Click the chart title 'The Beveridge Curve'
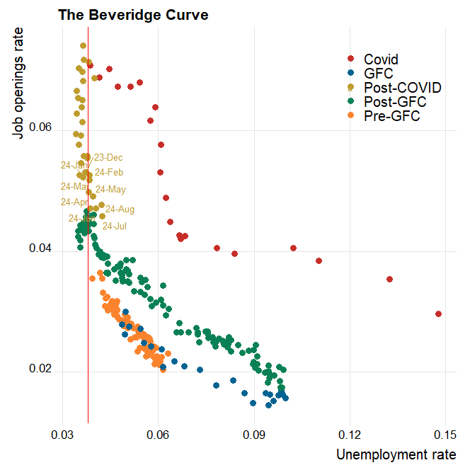(x=133, y=15)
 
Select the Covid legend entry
(x=381, y=59)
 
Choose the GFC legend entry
(x=378, y=73)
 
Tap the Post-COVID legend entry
(x=402, y=88)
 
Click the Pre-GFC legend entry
(x=391, y=116)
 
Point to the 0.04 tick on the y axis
(x=42, y=250)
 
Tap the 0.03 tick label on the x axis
(x=63, y=433)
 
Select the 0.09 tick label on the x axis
(x=254, y=433)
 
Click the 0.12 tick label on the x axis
(x=350, y=433)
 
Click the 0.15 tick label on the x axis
(x=445, y=433)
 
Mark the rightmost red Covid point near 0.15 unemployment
(x=439, y=314)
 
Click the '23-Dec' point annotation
(x=108, y=157)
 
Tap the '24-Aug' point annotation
(x=120, y=209)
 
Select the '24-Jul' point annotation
(x=115, y=226)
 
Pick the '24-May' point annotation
(x=110, y=189)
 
